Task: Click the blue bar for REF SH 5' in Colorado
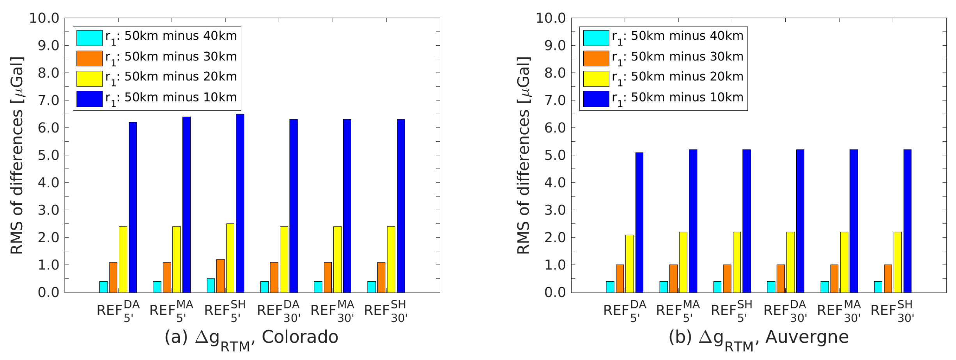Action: [x=240, y=203]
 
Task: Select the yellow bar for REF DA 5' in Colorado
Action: [x=123, y=259]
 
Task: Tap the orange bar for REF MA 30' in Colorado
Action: [x=328, y=277]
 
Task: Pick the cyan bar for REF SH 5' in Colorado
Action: [x=211, y=286]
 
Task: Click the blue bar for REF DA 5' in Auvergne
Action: [x=639, y=222]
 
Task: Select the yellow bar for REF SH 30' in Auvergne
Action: [x=898, y=262]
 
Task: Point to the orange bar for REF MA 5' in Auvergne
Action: [x=673, y=278]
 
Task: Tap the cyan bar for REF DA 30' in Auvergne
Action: [x=771, y=287]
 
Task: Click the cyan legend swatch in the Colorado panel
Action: [x=89, y=38]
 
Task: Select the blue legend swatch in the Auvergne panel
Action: [x=596, y=99]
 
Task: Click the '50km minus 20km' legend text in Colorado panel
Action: [x=180, y=77]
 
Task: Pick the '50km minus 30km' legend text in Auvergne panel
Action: [x=687, y=57]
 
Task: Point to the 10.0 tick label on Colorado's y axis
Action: [x=44, y=18]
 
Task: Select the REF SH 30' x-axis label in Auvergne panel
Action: [x=892, y=311]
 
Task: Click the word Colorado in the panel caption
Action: [x=299, y=337]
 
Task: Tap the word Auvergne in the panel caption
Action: [x=807, y=337]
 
